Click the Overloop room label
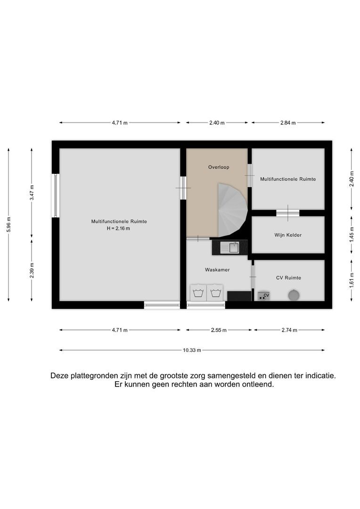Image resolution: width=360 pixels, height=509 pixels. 219,167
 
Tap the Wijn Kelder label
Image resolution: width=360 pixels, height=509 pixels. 288,235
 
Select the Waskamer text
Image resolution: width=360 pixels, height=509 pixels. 217,270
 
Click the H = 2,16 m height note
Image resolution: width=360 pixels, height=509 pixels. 119,229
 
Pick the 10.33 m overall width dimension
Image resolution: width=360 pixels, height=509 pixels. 192,350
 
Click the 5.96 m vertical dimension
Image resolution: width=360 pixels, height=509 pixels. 9,224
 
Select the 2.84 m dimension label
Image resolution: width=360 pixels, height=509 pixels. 288,123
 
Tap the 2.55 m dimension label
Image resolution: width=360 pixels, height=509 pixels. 219,330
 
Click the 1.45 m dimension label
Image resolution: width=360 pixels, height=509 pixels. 351,234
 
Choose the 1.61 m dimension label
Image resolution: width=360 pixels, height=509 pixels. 351,280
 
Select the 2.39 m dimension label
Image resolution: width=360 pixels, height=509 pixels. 32,270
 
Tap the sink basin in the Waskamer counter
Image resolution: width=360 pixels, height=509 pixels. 234,247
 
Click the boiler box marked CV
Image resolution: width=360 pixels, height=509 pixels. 263,296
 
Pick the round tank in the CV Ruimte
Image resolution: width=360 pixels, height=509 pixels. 293,295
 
